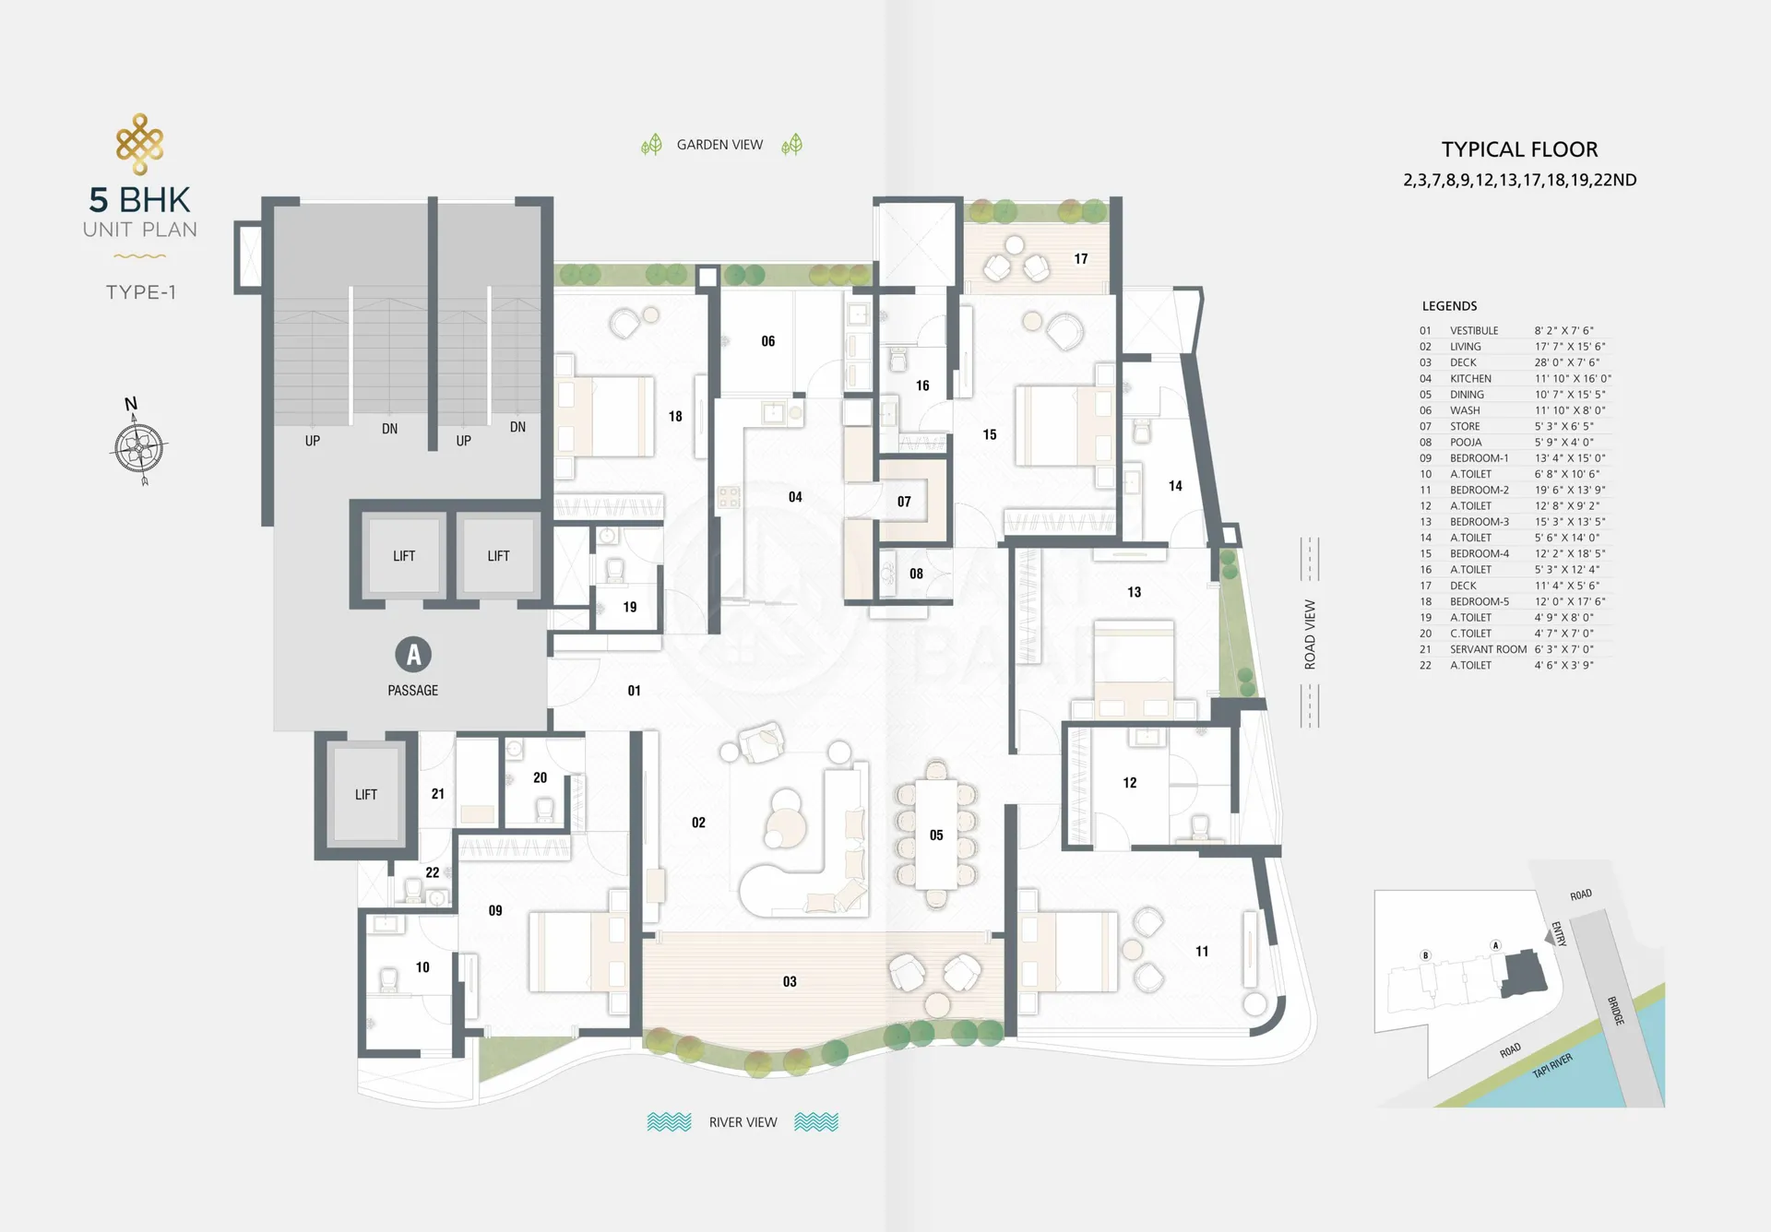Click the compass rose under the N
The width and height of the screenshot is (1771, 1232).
point(140,449)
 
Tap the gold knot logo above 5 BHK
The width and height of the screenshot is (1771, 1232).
point(140,144)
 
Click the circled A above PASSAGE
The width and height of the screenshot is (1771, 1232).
point(413,655)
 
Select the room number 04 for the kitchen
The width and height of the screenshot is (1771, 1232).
point(795,497)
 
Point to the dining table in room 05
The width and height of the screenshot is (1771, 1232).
point(936,835)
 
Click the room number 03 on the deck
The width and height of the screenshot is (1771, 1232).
point(790,982)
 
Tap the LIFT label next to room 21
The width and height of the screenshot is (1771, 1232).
point(366,795)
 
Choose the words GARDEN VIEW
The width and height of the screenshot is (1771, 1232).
point(719,145)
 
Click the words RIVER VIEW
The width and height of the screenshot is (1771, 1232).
point(743,1122)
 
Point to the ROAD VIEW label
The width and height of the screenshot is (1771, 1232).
point(1310,634)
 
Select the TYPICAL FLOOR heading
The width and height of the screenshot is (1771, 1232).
point(1519,149)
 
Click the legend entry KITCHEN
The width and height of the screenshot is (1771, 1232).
point(1470,379)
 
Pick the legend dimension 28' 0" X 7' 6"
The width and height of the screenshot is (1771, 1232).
point(1567,362)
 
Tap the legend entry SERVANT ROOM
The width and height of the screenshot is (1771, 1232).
point(1488,649)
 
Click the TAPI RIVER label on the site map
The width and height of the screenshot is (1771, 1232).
point(1552,1065)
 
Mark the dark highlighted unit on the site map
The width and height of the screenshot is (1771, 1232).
point(1523,974)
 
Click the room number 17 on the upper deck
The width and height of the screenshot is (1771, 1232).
point(1081,259)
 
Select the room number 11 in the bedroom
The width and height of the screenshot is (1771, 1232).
point(1202,952)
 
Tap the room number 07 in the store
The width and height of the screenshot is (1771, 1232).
point(904,502)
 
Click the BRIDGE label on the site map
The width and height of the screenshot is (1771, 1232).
point(1616,1011)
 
